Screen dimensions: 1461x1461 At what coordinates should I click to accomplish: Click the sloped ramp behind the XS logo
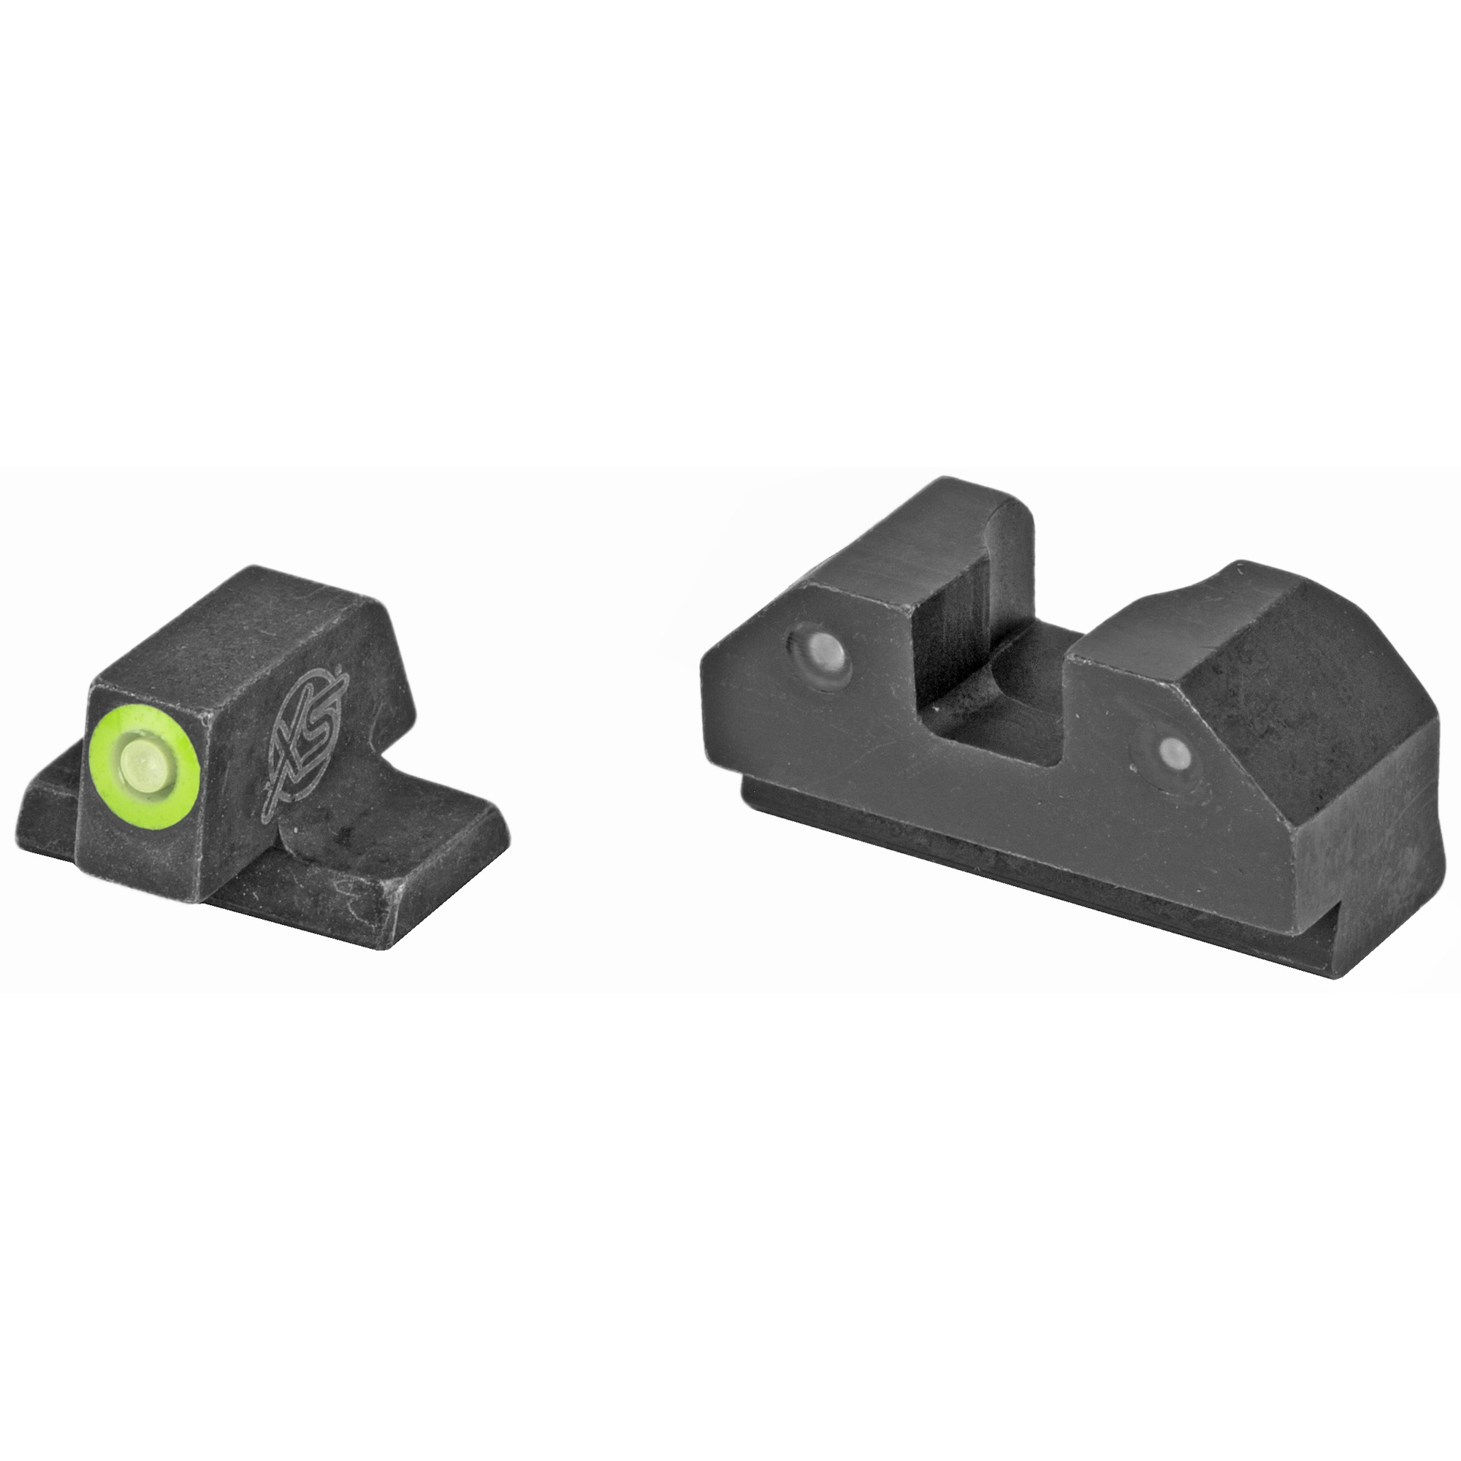[x=378, y=665]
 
